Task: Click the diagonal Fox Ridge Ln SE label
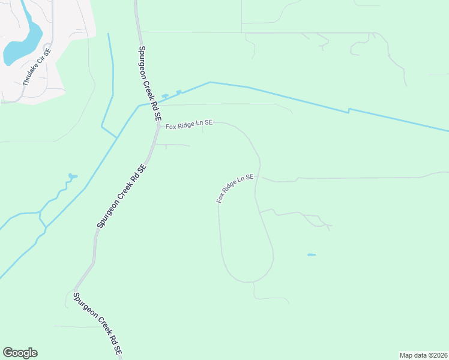pos(235,188)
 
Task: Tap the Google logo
pos(20,353)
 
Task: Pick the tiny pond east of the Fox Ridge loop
pos(312,255)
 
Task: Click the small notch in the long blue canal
pos(349,110)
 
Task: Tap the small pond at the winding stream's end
pos(72,176)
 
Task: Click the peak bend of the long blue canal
pos(209,82)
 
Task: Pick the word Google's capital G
pos(8,353)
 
